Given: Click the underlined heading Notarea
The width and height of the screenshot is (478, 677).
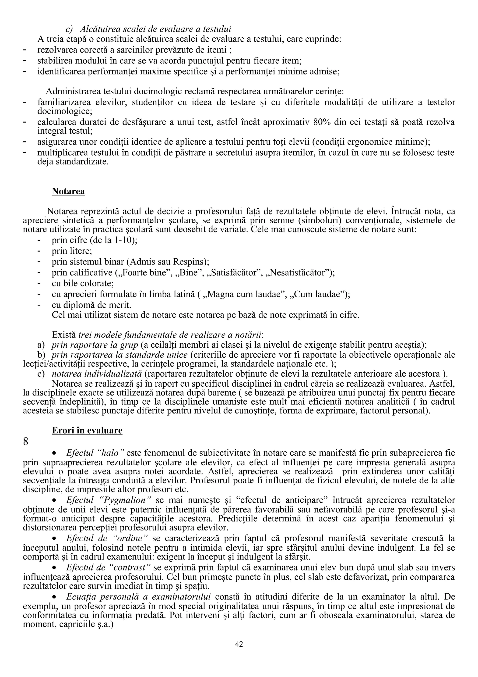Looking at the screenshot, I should click(68, 191).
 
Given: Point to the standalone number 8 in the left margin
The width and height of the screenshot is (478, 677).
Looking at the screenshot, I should click(26, 442).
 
